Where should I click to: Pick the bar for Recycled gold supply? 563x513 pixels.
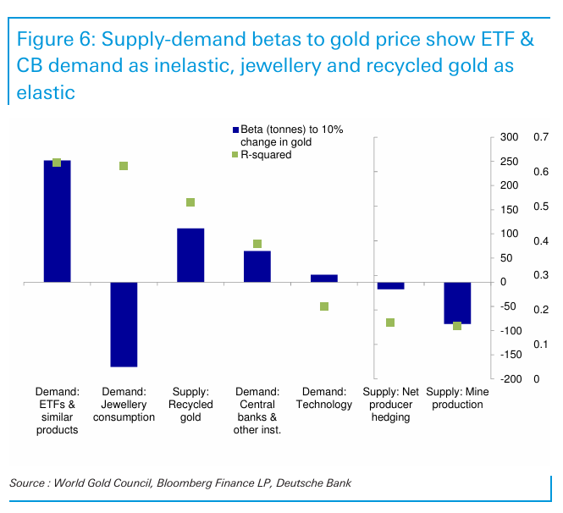pos(190,255)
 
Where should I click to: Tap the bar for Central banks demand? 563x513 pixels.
pos(257,266)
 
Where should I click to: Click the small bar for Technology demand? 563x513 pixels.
pos(323,278)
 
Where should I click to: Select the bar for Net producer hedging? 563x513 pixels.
pos(390,285)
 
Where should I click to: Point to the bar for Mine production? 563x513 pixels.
pos(457,303)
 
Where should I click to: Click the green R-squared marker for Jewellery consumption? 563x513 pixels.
pos(124,166)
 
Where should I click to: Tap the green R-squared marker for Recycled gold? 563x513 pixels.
pos(190,202)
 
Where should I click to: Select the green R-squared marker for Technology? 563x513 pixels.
pos(323,306)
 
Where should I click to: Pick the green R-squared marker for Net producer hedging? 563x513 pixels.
pos(390,323)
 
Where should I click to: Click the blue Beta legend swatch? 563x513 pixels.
pos(236,130)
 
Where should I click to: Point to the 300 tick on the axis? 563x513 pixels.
pos(508,137)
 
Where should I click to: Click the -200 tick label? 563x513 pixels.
pos(508,379)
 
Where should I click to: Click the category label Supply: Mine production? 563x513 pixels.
pos(457,398)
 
